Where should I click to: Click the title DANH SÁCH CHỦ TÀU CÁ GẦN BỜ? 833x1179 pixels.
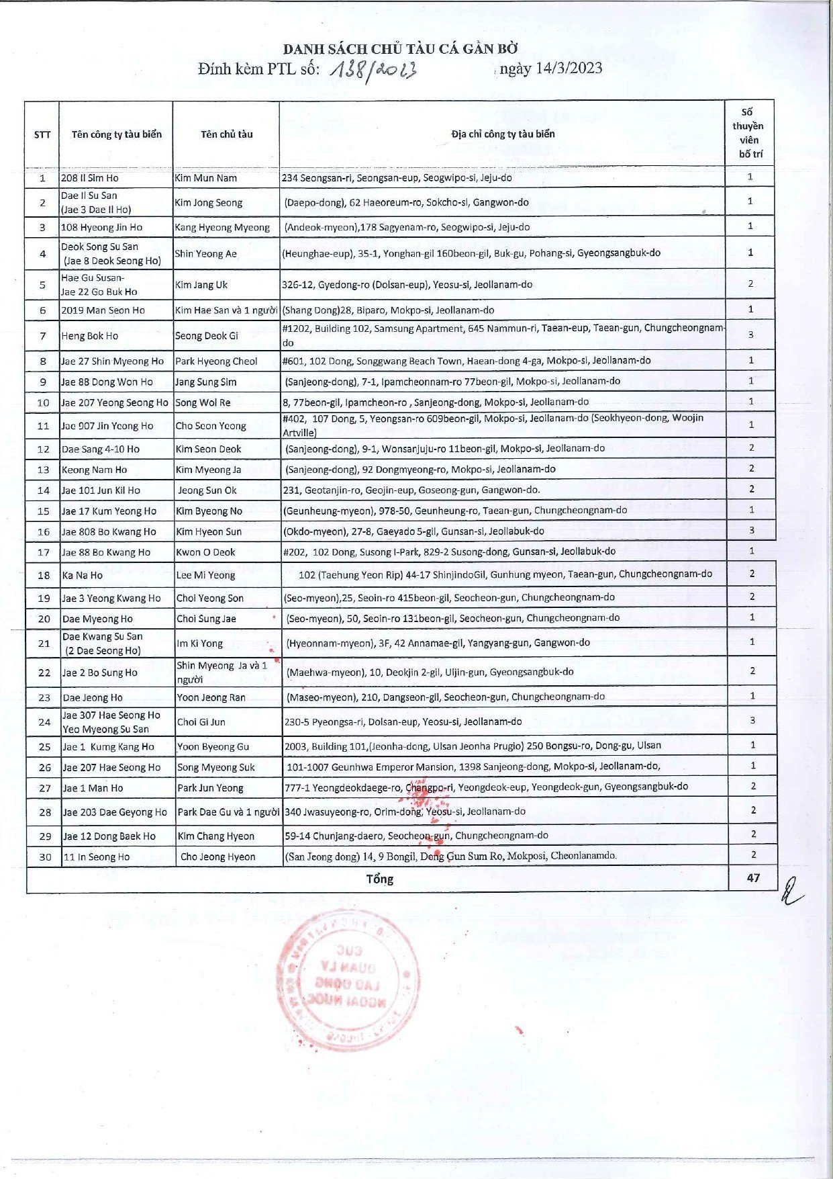(x=400, y=49)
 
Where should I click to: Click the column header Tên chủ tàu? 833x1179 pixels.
(x=226, y=134)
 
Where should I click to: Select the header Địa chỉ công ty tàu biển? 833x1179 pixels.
(x=503, y=134)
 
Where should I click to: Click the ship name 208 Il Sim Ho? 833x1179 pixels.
(x=89, y=178)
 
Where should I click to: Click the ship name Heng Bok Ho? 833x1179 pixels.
(x=89, y=336)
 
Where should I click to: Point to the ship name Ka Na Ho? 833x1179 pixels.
(x=83, y=575)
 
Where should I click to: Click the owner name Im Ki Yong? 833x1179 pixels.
(x=199, y=644)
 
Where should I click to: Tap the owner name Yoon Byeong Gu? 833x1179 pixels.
(x=213, y=746)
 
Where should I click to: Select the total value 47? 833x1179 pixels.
(x=753, y=878)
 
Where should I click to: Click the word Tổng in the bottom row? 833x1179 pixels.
(x=379, y=879)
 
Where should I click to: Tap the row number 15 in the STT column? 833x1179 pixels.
(x=44, y=511)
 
